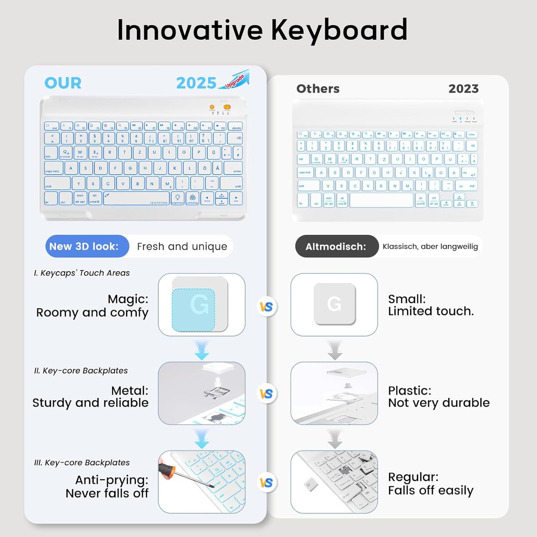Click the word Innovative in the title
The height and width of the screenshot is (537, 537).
pyautogui.click(x=190, y=30)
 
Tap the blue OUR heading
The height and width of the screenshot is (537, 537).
pyautogui.click(x=63, y=83)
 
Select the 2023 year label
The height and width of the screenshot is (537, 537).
pyautogui.click(x=463, y=89)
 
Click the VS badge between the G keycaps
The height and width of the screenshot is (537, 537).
pyautogui.click(x=266, y=307)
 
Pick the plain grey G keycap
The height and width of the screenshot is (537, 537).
pyautogui.click(x=334, y=304)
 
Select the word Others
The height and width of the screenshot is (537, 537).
pyautogui.click(x=318, y=89)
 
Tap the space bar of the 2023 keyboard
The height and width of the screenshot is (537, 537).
pyautogui.click(x=381, y=200)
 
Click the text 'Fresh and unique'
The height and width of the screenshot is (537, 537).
pyautogui.click(x=182, y=246)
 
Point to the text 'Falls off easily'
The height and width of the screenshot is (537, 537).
pyautogui.click(x=431, y=491)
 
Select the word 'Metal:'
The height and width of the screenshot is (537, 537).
pyautogui.click(x=130, y=391)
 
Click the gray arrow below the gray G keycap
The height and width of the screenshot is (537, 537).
pyautogui.click(x=334, y=350)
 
